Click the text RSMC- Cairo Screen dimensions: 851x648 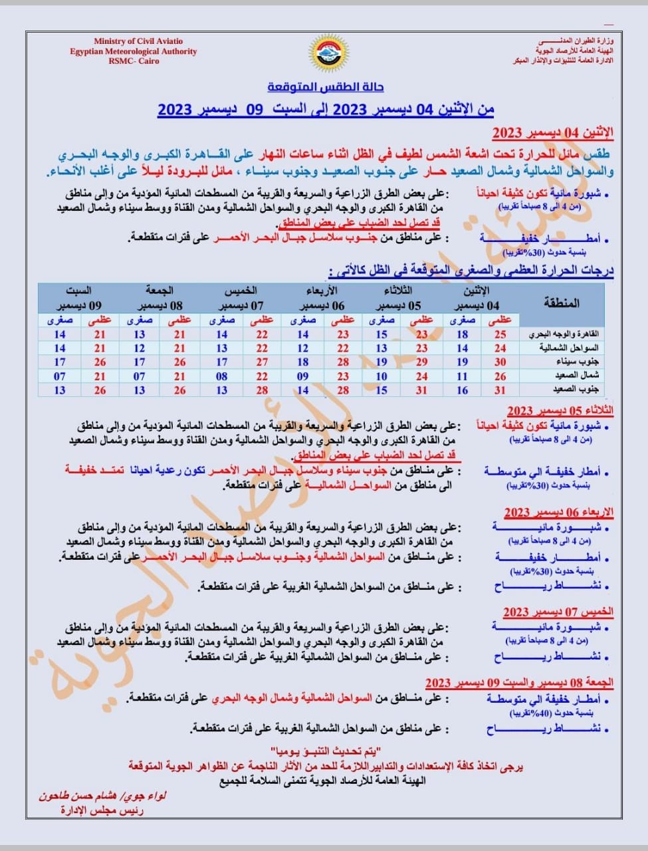(x=134, y=61)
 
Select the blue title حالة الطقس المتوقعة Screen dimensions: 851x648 (x=326, y=87)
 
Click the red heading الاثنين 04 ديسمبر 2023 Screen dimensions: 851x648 (x=552, y=132)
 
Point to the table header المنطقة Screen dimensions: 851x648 (x=562, y=303)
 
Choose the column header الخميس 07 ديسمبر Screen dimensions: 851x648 (x=241, y=299)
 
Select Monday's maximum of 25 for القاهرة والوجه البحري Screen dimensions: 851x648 (x=500, y=334)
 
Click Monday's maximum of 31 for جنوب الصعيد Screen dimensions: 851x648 (x=500, y=390)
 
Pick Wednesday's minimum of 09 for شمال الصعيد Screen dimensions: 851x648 (x=303, y=376)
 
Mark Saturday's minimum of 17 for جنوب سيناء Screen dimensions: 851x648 (x=60, y=362)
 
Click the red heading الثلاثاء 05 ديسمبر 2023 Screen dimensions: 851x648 (x=560, y=411)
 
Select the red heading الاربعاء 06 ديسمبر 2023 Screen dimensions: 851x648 (x=558, y=512)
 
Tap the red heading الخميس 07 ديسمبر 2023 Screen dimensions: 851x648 (x=558, y=612)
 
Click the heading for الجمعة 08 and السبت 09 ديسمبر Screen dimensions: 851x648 (x=519, y=683)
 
